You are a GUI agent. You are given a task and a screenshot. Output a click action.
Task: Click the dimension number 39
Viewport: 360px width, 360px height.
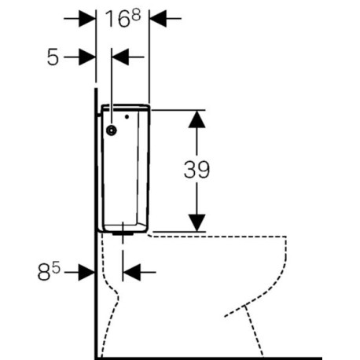pyautogui.click(x=197, y=170)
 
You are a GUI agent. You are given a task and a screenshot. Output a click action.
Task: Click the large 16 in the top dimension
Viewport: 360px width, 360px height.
pyautogui.click(x=118, y=19)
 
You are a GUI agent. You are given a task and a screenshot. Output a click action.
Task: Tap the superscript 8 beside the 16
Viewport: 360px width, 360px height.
pyautogui.click(x=136, y=15)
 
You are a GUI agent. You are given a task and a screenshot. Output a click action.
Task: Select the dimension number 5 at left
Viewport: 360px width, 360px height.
pyautogui.click(x=53, y=57)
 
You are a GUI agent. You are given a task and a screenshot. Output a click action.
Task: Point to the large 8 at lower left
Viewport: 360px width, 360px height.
pyautogui.click(x=44, y=273)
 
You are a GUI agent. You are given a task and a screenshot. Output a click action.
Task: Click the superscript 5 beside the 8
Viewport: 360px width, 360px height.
pyautogui.click(x=56, y=269)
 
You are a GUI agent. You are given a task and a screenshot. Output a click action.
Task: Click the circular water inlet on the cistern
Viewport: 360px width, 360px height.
pyautogui.click(x=112, y=130)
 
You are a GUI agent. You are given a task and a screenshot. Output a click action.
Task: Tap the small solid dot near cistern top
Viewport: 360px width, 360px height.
pyautogui.click(x=127, y=116)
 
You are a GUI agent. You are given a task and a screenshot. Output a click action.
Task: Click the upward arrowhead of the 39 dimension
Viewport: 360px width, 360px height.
pyautogui.click(x=197, y=119)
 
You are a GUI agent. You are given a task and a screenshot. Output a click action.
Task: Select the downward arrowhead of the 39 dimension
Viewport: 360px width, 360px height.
pyautogui.click(x=197, y=222)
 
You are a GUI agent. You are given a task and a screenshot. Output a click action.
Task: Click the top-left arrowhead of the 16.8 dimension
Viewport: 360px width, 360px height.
pyautogui.click(x=87, y=19)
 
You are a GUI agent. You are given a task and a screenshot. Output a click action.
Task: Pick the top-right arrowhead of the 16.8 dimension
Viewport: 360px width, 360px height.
pyautogui.click(x=158, y=19)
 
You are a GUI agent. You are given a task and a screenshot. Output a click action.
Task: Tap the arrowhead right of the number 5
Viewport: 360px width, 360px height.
pyautogui.click(x=87, y=57)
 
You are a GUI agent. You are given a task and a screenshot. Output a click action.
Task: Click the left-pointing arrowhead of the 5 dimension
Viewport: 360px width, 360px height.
pyautogui.click(x=120, y=57)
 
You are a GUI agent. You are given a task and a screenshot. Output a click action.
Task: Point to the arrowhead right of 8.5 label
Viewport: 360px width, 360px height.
pyautogui.click(x=86, y=272)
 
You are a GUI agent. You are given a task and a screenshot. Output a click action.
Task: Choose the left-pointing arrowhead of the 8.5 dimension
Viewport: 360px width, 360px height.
pyautogui.click(x=131, y=272)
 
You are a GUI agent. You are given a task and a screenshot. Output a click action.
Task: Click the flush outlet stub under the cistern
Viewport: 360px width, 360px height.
pyautogui.click(x=123, y=233)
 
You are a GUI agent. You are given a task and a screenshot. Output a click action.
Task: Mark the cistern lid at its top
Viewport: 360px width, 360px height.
pyautogui.click(x=126, y=107)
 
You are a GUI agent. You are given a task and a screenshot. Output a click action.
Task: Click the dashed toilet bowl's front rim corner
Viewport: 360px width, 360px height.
pyautogui.click(x=285, y=237)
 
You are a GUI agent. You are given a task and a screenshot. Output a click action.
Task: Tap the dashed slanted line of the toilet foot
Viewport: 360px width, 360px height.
pyautogui.click(x=254, y=331)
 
